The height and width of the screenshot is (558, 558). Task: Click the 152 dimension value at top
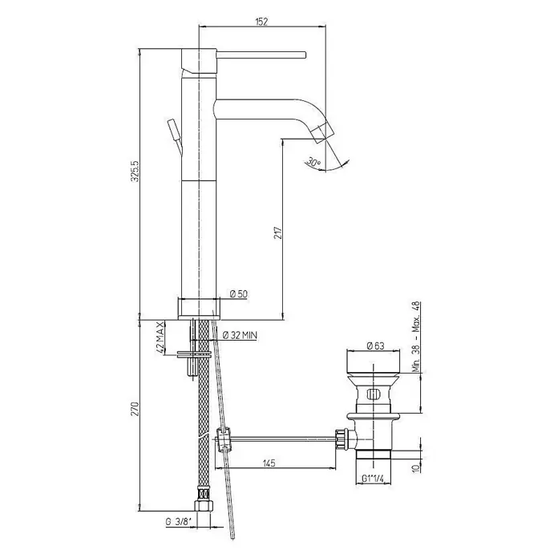pyautogui.click(x=261, y=22)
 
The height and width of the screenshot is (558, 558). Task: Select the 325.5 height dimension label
pyautogui.click(x=135, y=172)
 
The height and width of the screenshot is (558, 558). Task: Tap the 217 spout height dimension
pyautogui.click(x=278, y=232)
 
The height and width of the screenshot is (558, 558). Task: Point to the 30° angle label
pyautogui.click(x=314, y=162)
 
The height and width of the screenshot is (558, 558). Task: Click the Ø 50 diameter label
pyautogui.click(x=238, y=294)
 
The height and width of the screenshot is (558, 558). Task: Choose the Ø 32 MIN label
pyautogui.click(x=240, y=335)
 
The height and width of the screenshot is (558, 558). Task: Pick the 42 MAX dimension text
pyautogui.click(x=160, y=337)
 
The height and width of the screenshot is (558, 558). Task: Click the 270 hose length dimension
pyautogui.click(x=135, y=409)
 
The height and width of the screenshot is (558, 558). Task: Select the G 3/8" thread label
pyautogui.click(x=179, y=522)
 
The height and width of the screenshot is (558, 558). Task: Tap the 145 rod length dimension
pyautogui.click(x=269, y=463)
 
